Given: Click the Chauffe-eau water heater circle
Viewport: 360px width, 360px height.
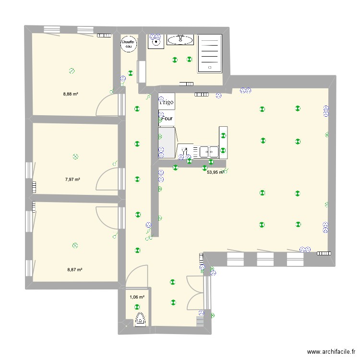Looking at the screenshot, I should pos(128,44).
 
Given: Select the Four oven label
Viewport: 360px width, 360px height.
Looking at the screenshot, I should pos(168,118).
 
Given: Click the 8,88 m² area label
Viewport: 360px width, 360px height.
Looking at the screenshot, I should pos(71,94).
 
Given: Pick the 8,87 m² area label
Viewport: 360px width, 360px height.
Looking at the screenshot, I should pos(75,270).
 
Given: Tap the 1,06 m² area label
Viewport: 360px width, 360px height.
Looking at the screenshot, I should pos(136,297).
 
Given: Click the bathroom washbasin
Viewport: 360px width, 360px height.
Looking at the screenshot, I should pos(180,39).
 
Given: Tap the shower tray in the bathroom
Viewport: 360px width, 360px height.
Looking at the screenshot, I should pos(210,53).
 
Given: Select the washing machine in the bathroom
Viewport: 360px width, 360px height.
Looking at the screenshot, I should pos(156,42).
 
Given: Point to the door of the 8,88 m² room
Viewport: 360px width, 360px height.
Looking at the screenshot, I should pos(107,105).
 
